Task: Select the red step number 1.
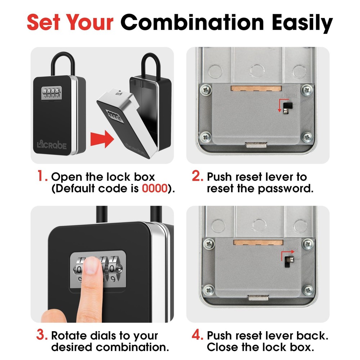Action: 43,177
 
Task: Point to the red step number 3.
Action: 42,336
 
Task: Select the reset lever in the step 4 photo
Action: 288,260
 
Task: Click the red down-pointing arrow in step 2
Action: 279,106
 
